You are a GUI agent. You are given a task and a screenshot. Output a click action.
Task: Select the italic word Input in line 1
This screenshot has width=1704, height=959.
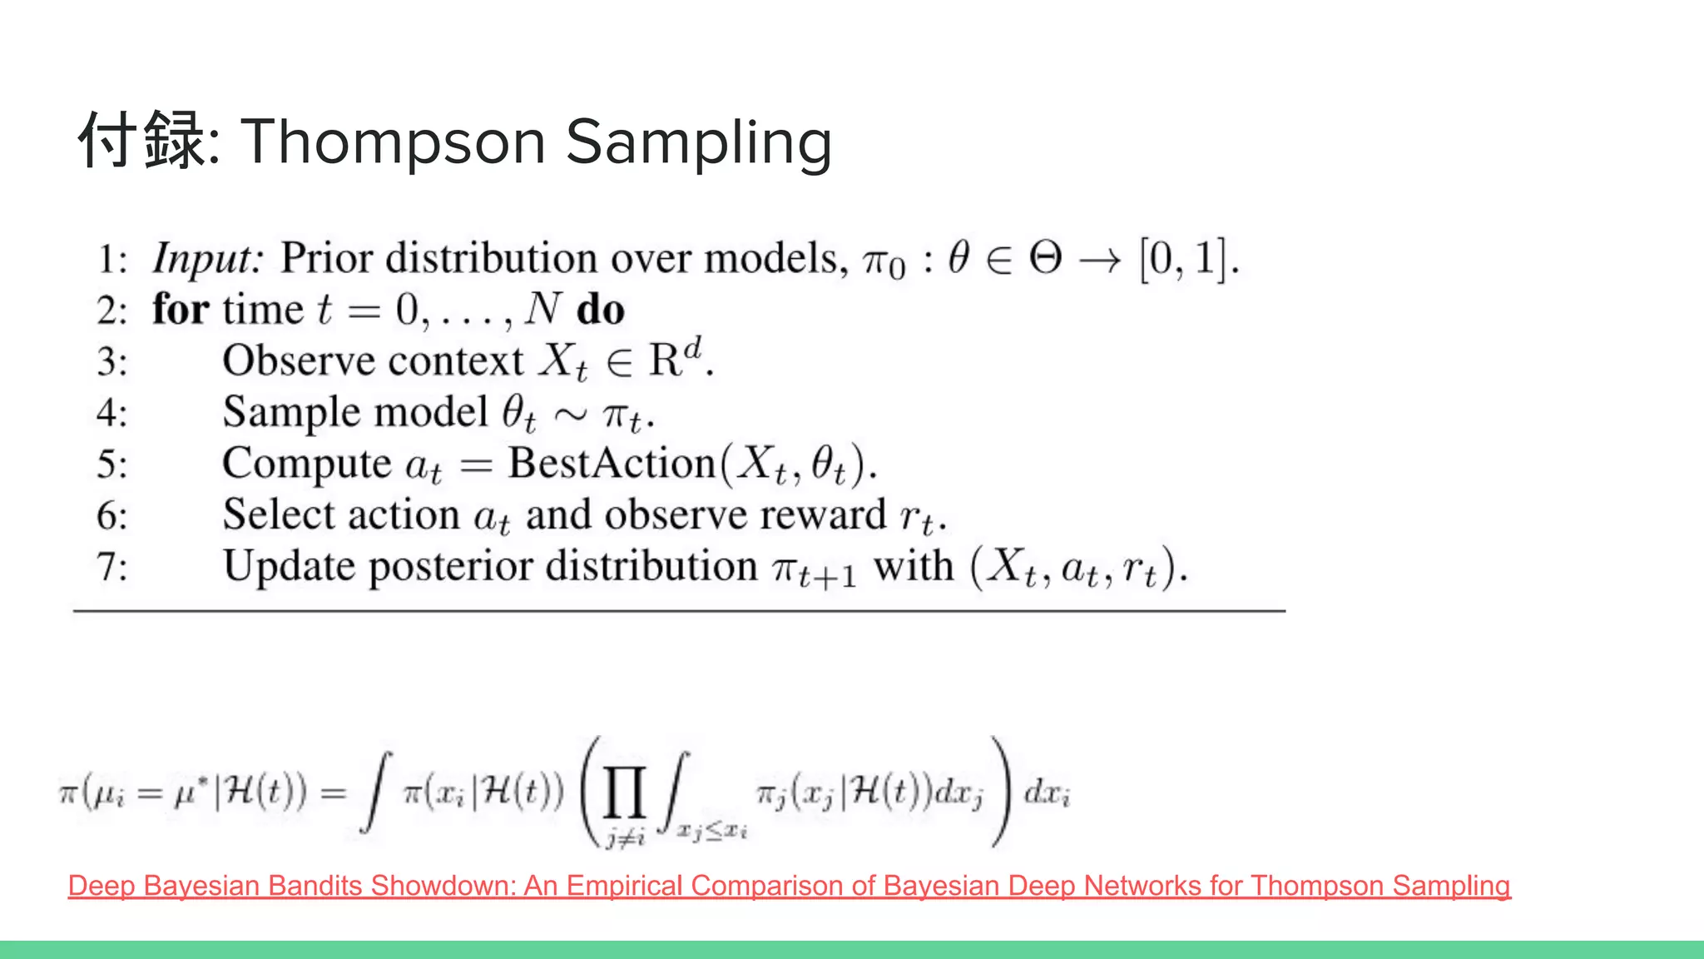206,259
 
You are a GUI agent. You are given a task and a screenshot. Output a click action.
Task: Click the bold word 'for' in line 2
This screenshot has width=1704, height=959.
180,309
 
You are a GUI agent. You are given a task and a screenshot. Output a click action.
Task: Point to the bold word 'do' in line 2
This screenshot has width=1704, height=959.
600,310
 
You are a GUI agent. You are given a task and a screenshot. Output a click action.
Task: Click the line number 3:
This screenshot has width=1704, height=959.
112,362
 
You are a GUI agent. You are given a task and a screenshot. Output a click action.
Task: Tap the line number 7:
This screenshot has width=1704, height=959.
112,568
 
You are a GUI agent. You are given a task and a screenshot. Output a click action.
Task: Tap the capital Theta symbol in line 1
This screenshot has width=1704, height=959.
1045,257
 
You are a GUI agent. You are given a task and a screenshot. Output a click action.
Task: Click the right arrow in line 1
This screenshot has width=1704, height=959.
1100,261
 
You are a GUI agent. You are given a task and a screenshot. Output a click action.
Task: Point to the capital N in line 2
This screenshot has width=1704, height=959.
543,309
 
